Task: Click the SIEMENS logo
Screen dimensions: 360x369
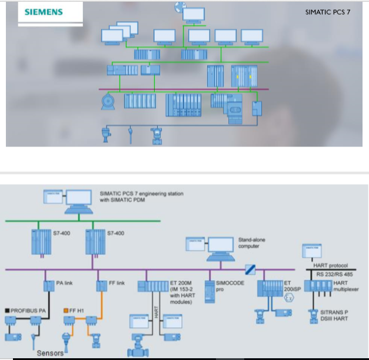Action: point(44,12)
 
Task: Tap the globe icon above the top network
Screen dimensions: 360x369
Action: point(179,8)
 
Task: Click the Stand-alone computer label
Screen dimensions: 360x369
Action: point(251,242)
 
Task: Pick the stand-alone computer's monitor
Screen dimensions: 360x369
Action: point(220,246)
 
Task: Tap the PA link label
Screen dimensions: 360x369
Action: point(64,283)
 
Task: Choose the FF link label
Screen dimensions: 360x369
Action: point(117,283)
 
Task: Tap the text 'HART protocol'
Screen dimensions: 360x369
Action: point(331,265)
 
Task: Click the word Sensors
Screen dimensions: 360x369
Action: point(49,353)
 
